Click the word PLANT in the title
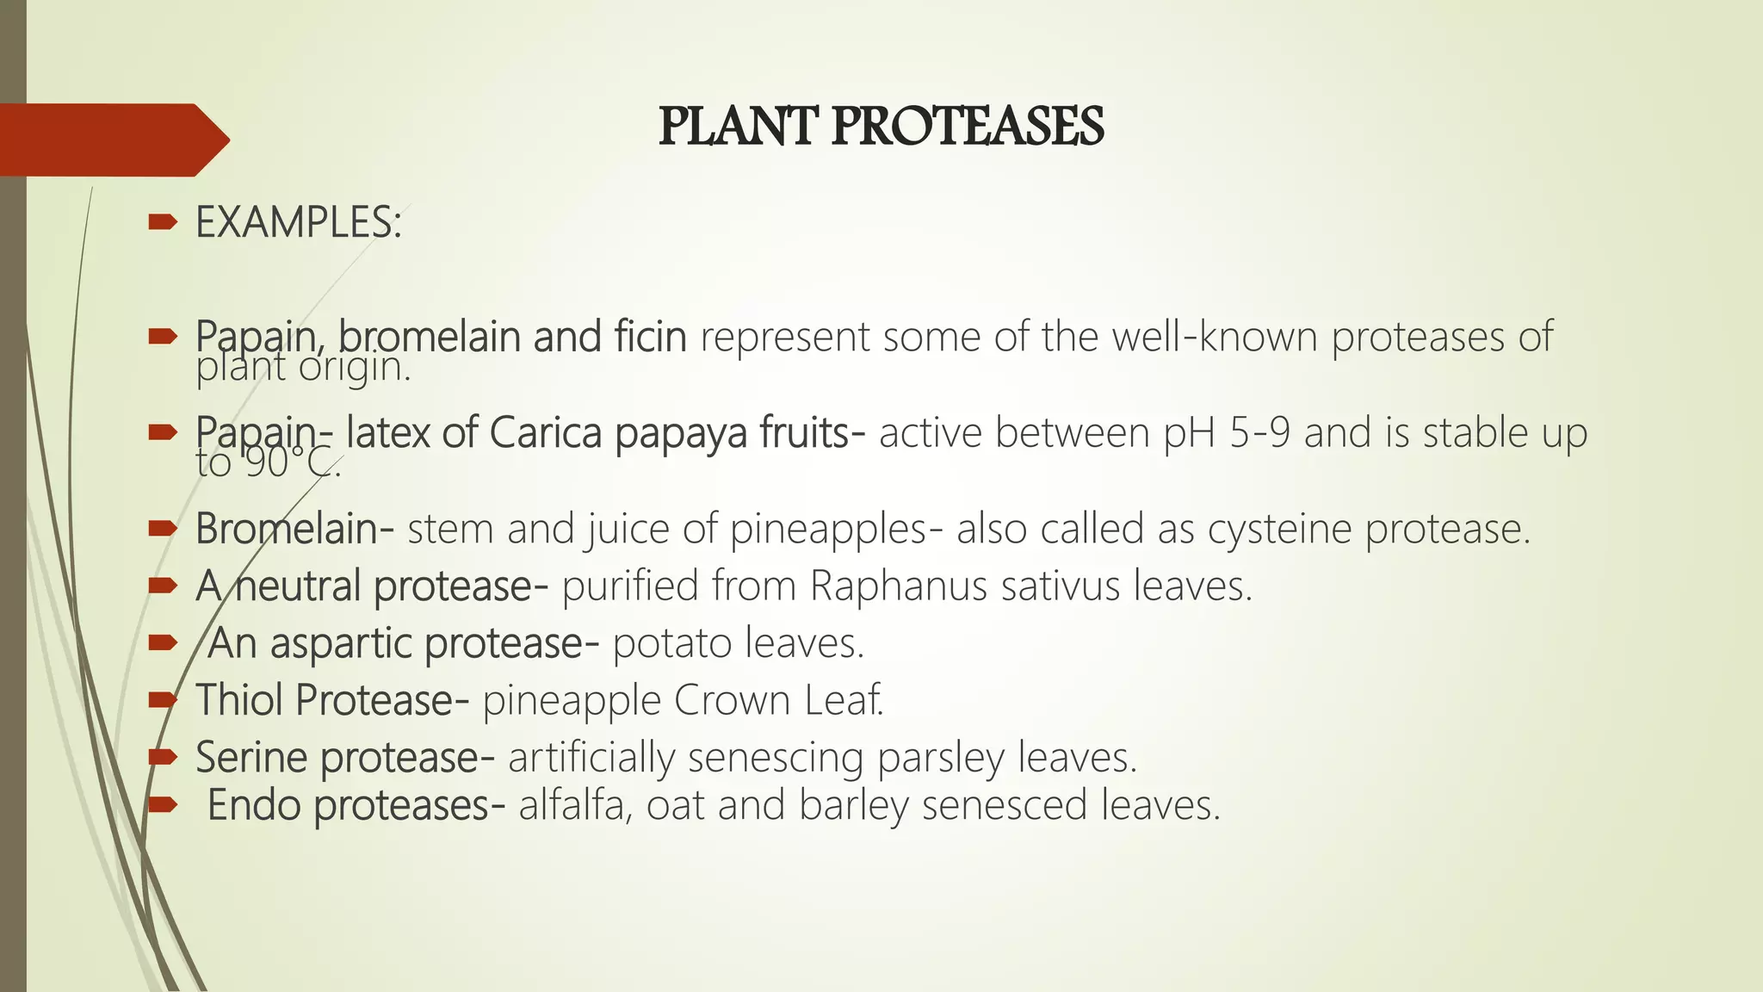[738, 127]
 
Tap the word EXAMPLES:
[298, 223]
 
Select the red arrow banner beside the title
[112, 139]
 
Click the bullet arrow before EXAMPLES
[162, 223]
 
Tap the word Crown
[732, 700]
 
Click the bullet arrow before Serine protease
[162, 757]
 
